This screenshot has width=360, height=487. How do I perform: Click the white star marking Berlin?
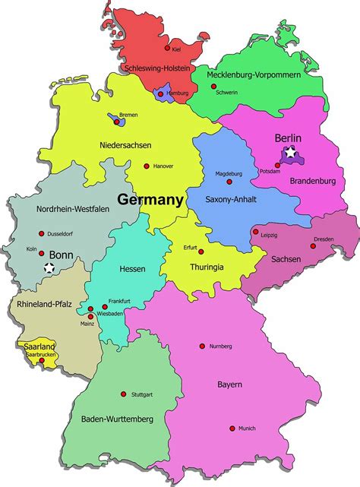pos(290,154)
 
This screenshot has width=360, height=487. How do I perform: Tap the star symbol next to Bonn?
pos(49,267)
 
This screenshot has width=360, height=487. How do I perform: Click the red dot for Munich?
pos(232,428)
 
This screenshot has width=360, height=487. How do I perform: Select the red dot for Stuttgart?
pos(123,394)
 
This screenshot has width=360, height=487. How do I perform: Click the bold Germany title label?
pos(150,201)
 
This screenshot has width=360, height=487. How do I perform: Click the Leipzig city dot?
pos(256,232)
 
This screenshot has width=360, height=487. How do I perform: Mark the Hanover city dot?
pos(147,165)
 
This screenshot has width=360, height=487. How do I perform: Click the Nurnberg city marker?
pos(202,346)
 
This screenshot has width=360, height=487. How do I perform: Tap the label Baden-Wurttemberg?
pos(118,419)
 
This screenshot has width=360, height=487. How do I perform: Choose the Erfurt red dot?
pos(201,251)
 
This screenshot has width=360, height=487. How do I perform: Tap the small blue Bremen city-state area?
pos(115,119)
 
